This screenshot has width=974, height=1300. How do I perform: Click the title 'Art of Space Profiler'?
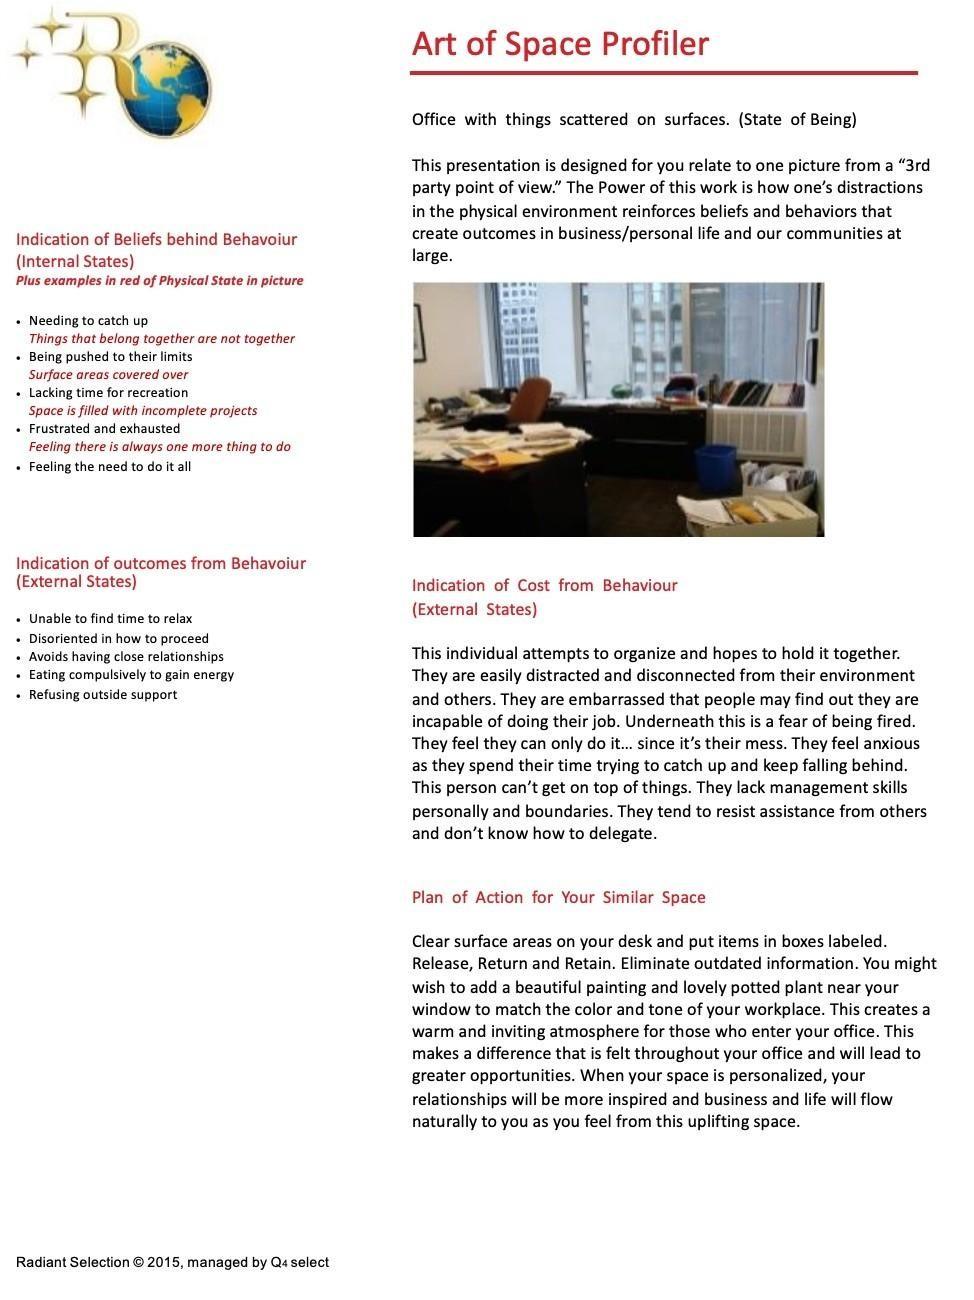point(560,44)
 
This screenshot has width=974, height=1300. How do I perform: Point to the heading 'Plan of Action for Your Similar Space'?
point(558,897)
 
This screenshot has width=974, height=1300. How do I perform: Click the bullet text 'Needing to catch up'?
point(88,320)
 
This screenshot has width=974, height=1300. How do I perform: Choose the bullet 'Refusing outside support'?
point(103,694)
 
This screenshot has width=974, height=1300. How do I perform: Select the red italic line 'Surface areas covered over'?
point(108,374)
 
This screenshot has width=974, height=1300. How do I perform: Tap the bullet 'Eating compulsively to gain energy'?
point(131,674)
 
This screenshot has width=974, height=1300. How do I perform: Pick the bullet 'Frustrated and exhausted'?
point(104,428)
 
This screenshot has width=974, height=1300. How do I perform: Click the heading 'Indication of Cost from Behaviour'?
point(544,585)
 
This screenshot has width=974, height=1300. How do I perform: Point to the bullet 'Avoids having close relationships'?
point(126,656)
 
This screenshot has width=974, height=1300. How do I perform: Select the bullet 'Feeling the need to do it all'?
point(110,466)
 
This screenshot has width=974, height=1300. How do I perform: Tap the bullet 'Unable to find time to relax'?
point(110,618)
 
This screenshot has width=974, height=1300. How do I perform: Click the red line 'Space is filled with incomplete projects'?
point(143,410)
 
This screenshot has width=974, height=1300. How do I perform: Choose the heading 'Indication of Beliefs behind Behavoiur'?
point(156,239)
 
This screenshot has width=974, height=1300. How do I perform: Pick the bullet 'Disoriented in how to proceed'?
point(119,638)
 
